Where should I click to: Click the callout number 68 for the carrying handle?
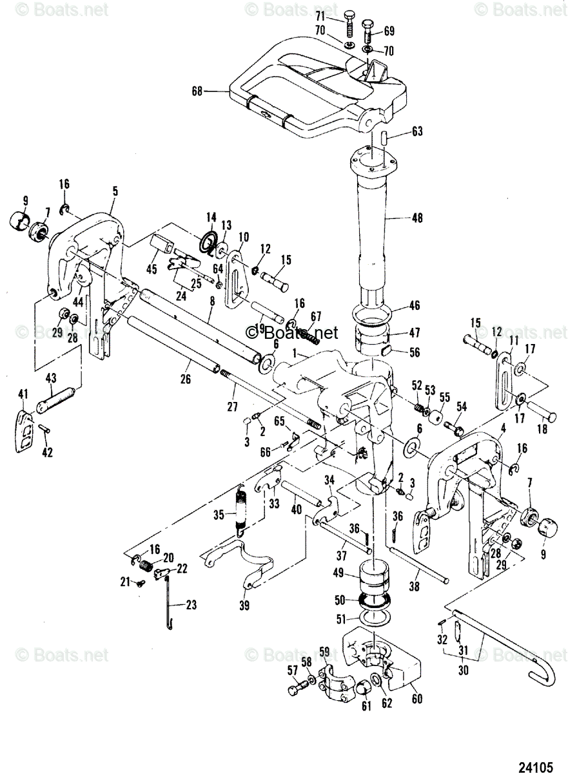point(196,91)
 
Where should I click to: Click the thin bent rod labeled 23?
point(168,606)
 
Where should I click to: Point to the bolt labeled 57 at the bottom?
point(295,691)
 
